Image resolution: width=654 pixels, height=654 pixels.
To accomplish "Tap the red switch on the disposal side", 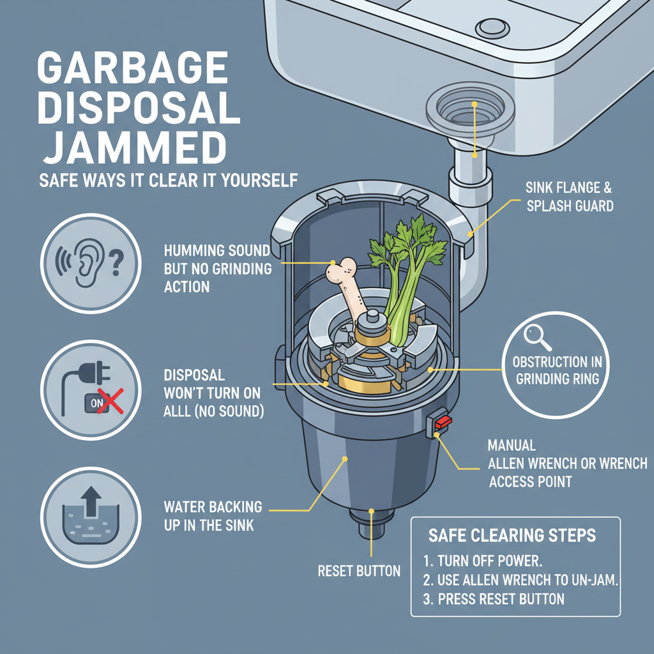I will [441, 423].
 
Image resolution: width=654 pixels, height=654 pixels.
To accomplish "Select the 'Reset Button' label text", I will [358, 570].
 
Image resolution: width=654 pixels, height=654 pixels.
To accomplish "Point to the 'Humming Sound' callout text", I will [218, 269].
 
